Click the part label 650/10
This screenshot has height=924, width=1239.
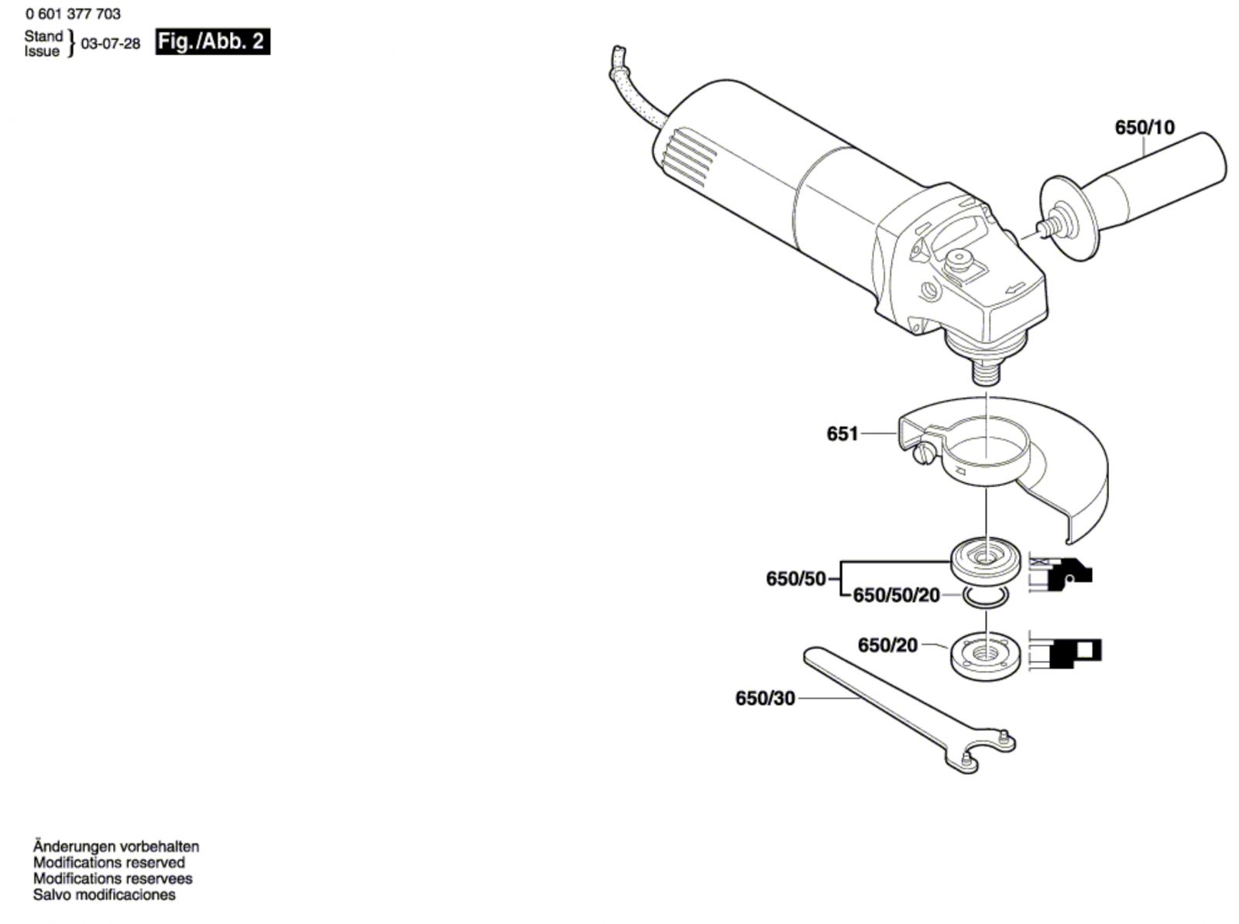(1144, 128)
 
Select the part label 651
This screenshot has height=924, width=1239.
(843, 434)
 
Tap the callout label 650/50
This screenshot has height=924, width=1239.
(795, 578)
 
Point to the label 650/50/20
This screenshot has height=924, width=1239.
(896, 595)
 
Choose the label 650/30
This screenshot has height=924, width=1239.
(764, 699)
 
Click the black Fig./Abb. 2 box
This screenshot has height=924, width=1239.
(212, 42)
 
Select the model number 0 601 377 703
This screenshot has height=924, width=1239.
(73, 14)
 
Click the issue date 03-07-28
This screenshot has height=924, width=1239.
(111, 44)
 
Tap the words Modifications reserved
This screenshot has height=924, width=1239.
(109, 862)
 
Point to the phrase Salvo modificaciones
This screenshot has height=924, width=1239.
(105, 895)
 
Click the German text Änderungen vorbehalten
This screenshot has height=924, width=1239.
(116, 846)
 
